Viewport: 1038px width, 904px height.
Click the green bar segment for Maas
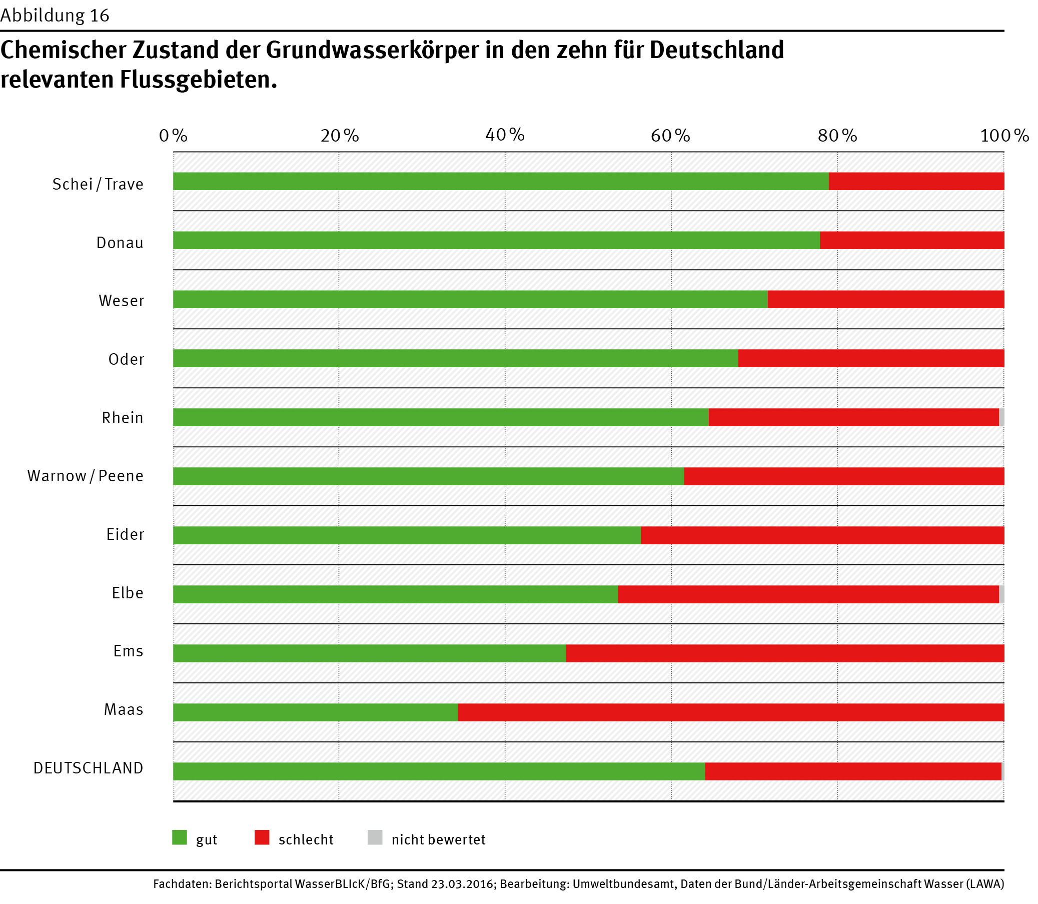[x=315, y=712]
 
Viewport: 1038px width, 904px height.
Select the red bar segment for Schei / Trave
[x=916, y=182]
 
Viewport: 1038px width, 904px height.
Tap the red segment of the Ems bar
[x=784, y=653]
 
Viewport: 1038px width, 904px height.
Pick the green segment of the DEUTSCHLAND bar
[x=439, y=771]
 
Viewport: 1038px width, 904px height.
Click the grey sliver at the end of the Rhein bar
[x=1001, y=417]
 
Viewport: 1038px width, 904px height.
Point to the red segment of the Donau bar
[x=911, y=240]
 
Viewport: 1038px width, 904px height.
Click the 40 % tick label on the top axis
[x=505, y=135]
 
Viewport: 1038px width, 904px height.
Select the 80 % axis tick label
[x=837, y=135]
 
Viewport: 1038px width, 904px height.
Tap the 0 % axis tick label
[x=173, y=135]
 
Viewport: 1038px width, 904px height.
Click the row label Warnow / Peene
[x=85, y=476]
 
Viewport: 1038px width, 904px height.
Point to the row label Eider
[x=125, y=534]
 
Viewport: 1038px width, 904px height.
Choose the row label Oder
[x=126, y=359]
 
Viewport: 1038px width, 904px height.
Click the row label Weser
[x=122, y=301]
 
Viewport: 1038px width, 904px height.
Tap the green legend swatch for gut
[x=180, y=837]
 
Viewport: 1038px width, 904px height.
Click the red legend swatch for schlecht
[x=262, y=837]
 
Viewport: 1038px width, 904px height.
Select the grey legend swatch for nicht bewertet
[x=375, y=837]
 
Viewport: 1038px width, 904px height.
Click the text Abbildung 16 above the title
[x=55, y=16]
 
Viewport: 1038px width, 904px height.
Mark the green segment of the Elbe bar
[x=395, y=594]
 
